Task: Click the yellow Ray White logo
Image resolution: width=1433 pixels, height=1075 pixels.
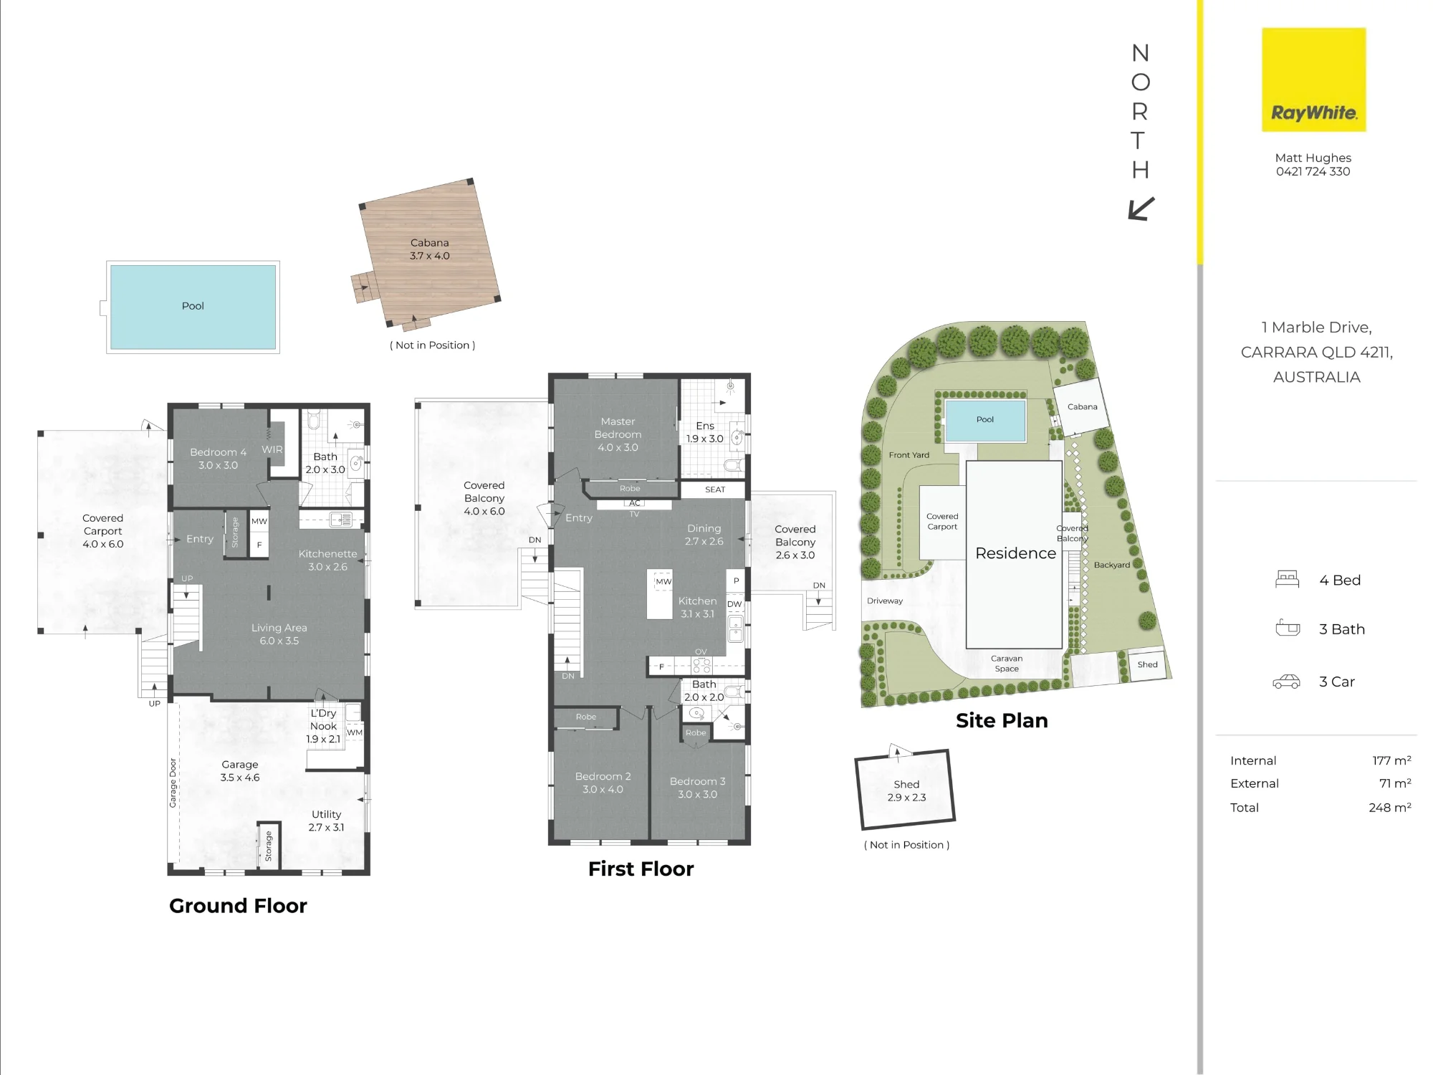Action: pyautogui.click(x=1313, y=80)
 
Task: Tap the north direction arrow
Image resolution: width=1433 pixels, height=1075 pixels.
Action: pyautogui.click(x=1141, y=209)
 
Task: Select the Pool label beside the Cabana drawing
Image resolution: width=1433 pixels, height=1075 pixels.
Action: pyautogui.click(x=193, y=306)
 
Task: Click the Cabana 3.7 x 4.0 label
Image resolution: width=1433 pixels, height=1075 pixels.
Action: pyautogui.click(x=430, y=249)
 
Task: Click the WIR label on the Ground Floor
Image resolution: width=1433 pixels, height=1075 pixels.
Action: pyautogui.click(x=272, y=449)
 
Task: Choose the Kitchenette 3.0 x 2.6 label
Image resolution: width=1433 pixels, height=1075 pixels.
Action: pyautogui.click(x=327, y=560)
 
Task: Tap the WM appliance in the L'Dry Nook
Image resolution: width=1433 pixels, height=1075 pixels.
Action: pyautogui.click(x=355, y=732)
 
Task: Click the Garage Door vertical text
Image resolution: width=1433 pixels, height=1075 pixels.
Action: pyautogui.click(x=173, y=783)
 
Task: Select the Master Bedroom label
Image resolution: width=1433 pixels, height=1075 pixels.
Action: pyautogui.click(x=618, y=428)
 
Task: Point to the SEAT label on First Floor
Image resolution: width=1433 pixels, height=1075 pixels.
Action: pyautogui.click(x=715, y=489)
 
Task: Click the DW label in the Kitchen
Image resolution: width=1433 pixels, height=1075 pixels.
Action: pyautogui.click(x=734, y=604)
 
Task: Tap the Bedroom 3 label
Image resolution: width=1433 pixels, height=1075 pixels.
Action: pyautogui.click(x=697, y=781)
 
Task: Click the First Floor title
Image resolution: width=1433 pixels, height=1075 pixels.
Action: pyautogui.click(x=641, y=869)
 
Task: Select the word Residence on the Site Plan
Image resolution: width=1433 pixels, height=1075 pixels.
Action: pyautogui.click(x=1015, y=553)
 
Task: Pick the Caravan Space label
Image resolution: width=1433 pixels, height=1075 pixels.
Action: pyautogui.click(x=1007, y=664)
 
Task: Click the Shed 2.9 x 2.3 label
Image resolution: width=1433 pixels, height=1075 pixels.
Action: pyautogui.click(x=906, y=790)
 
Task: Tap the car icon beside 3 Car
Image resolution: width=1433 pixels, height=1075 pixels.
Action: pyautogui.click(x=1286, y=682)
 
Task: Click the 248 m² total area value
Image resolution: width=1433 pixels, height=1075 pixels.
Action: pyautogui.click(x=1390, y=807)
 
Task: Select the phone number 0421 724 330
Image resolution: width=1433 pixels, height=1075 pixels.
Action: pyautogui.click(x=1313, y=171)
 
